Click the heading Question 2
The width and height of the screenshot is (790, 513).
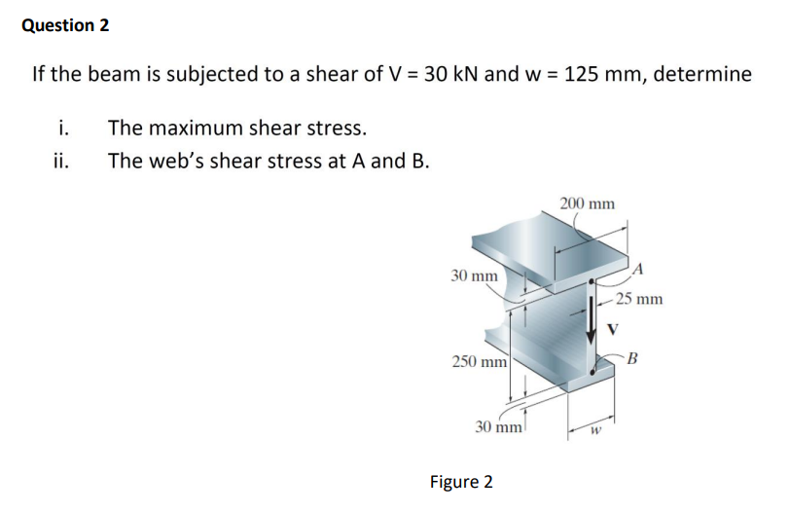tap(65, 25)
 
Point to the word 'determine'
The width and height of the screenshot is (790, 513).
tap(702, 74)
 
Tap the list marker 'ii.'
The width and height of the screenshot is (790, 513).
tap(61, 161)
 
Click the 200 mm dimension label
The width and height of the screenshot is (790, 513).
tap(587, 203)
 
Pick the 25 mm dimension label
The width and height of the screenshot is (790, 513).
tap(639, 299)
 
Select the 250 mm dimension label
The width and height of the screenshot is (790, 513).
tap(477, 361)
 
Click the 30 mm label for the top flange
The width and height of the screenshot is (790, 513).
tap(475, 275)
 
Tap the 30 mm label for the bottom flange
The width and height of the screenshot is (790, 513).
tap(498, 426)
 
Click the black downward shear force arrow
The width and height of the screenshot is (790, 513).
tap(592, 326)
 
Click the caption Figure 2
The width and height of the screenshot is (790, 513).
tap(461, 482)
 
